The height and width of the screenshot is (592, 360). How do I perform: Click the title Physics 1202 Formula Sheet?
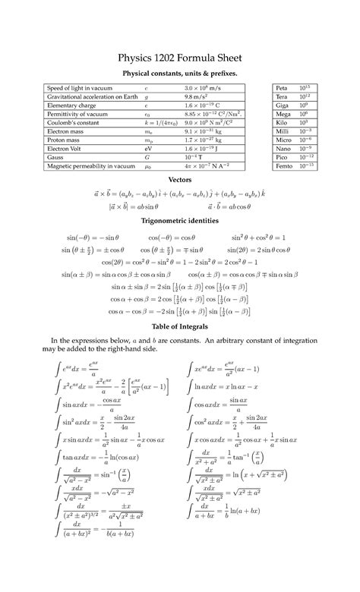coord(180,58)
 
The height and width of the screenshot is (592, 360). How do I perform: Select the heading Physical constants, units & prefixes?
coord(180,73)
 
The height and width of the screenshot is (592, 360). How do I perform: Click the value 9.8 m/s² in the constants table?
coord(194,97)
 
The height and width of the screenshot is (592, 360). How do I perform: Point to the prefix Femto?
coord(284,165)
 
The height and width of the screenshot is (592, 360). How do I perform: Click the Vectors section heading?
coord(180,180)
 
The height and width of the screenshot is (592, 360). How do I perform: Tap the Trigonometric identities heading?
coord(180,220)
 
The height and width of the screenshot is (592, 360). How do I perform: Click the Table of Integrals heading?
coord(180,326)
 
